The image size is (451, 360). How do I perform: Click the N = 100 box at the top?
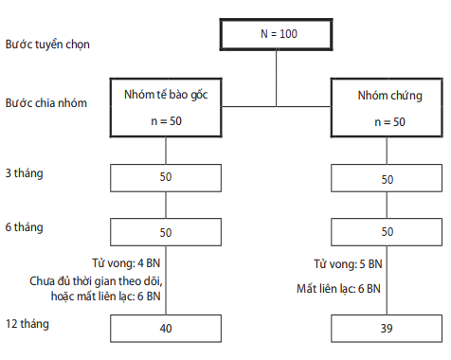click(x=276, y=34)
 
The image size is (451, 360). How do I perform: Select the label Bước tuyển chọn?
click(x=47, y=45)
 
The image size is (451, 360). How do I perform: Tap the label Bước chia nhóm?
click(x=46, y=103)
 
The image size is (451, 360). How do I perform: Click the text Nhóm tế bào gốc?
click(x=166, y=95)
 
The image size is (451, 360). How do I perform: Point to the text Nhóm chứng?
click(x=390, y=96)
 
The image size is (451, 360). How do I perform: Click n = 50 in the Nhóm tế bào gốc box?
click(x=166, y=121)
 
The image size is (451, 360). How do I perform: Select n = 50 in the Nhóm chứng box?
click(x=389, y=122)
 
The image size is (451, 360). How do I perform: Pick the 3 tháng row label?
click(x=24, y=173)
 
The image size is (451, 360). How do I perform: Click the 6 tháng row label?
click(x=24, y=227)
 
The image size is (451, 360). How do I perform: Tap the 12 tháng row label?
click(x=27, y=324)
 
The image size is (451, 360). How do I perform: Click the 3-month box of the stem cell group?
click(x=166, y=178)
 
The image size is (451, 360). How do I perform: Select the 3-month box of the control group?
click(x=387, y=178)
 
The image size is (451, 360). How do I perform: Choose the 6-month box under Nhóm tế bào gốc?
click(x=166, y=232)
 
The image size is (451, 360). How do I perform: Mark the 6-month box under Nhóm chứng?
click(x=387, y=232)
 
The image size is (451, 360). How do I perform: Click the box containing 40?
click(x=166, y=329)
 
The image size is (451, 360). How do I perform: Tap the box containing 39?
click(x=387, y=329)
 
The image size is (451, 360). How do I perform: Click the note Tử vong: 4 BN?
click(x=126, y=263)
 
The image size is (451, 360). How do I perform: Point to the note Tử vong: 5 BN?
click(x=348, y=264)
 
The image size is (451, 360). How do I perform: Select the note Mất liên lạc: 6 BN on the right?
click(x=338, y=289)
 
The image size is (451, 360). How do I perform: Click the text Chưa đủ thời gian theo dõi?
click(x=96, y=281)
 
